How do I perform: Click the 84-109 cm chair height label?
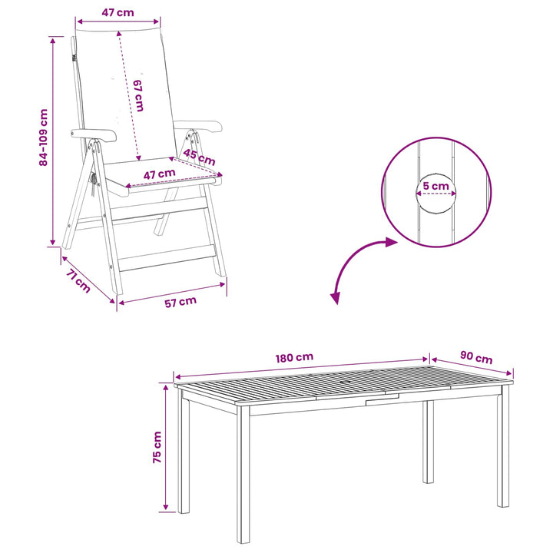(x=43, y=137)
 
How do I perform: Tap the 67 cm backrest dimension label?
(x=138, y=95)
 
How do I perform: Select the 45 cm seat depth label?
(x=199, y=157)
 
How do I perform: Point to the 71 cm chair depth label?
(x=78, y=281)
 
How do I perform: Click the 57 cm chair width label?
(x=180, y=302)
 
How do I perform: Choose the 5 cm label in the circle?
(x=436, y=186)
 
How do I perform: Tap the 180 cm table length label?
(x=294, y=358)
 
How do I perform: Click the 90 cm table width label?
(x=476, y=357)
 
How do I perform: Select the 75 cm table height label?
(x=157, y=447)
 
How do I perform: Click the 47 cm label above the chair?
(x=118, y=13)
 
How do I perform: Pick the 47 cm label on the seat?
(x=159, y=174)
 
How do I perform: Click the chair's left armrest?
(x=94, y=134)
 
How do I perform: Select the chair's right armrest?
(x=199, y=126)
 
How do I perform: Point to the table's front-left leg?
(x=243, y=475)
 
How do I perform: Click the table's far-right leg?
(x=503, y=445)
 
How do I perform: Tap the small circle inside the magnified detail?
(x=436, y=194)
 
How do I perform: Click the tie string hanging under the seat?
(x=94, y=184)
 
